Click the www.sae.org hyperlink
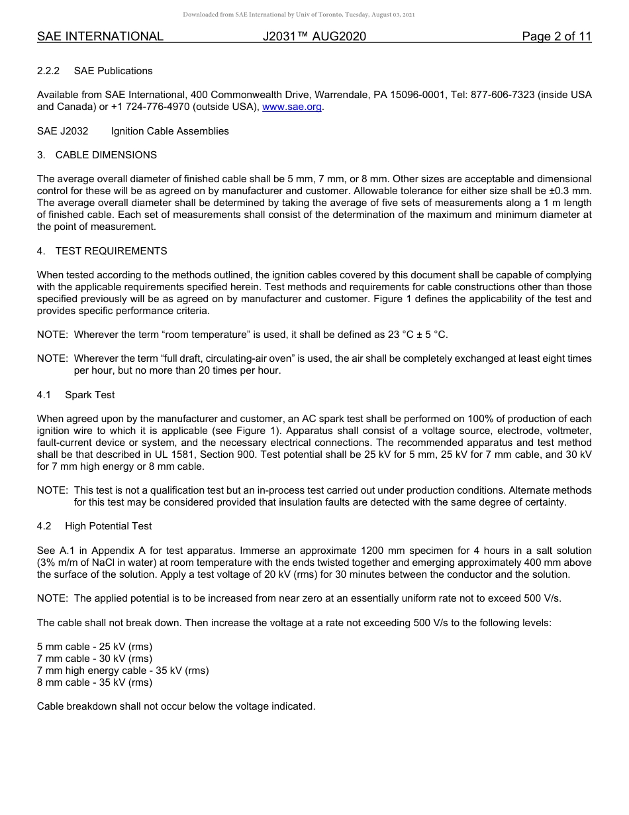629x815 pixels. point(292,107)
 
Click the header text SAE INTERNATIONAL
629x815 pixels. point(100,36)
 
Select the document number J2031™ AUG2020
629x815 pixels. point(314,36)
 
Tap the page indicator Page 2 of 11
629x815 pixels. point(556,36)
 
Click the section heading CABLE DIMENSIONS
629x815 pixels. point(106,155)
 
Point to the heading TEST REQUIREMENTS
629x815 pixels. point(111,251)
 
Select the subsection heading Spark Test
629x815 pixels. point(89,395)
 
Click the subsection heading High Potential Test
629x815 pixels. point(108,526)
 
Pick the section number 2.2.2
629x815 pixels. point(48,71)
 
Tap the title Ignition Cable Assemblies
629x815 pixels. point(169,131)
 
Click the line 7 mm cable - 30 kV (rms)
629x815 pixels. point(95,659)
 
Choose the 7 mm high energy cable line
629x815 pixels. point(122,671)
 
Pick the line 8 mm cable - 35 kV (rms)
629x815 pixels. point(95,682)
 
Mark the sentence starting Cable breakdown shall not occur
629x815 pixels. point(176,706)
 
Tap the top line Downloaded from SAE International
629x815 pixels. point(299,15)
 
